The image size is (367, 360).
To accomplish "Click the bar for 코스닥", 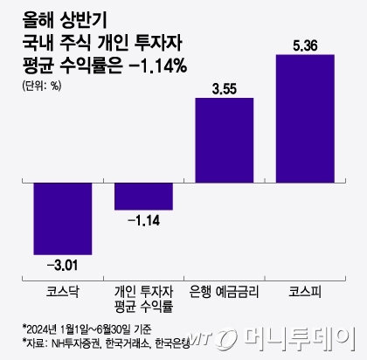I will click(x=62, y=216).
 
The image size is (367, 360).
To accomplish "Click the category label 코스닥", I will click(x=62, y=288).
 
